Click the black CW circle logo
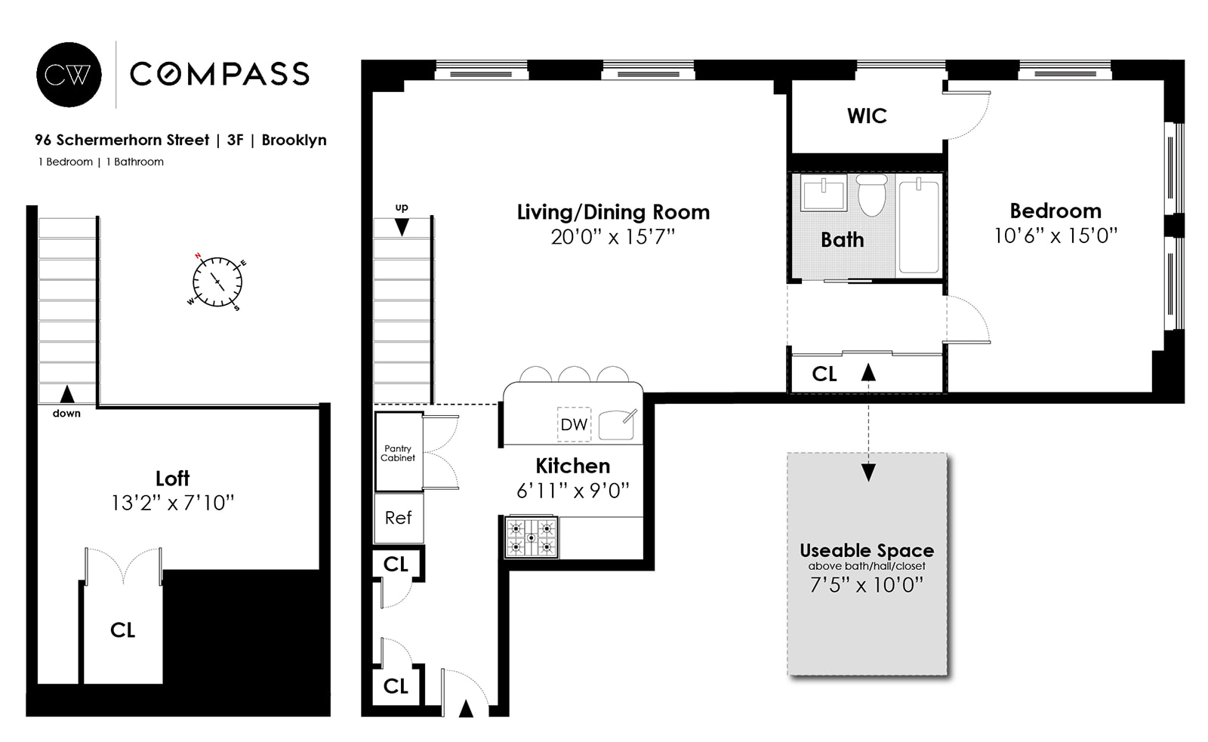click(x=69, y=74)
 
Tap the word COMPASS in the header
click(x=220, y=74)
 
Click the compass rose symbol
click(x=217, y=282)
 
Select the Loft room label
click(x=172, y=479)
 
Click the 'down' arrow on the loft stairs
click(x=67, y=393)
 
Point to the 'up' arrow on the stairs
click(x=402, y=226)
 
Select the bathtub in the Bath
click(x=919, y=226)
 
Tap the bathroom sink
click(x=824, y=196)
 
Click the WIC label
click(x=867, y=116)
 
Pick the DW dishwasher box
click(x=574, y=424)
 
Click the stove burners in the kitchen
click(x=531, y=537)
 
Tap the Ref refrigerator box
click(x=398, y=518)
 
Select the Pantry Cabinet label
click(x=398, y=453)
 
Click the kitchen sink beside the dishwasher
click(x=617, y=425)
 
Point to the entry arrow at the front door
click(x=466, y=708)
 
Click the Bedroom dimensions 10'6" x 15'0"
click(x=1055, y=236)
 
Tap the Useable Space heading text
click(x=866, y=550)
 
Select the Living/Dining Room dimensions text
click(x=612, y=237)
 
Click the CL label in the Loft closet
click(x=122, y=630)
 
